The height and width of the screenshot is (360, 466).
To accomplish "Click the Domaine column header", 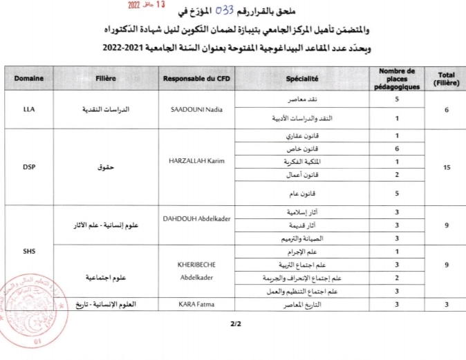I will tap(29, 78).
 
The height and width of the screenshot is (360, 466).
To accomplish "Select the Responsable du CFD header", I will tap(194, 78).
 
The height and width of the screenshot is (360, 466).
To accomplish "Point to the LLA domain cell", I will tap(29, 109).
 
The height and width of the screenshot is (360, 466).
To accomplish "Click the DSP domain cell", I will tap(29, 166).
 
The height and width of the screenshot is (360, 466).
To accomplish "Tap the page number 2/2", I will tap(233, 323).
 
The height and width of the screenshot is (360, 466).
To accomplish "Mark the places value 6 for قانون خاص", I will tap(397, 149).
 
